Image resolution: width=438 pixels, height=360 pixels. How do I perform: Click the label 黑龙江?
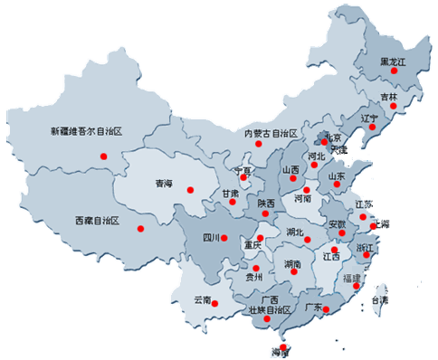(394, 61)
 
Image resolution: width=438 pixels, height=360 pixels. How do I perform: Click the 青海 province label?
(163, 184)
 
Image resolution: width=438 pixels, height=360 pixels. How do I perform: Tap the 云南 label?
(202, 298)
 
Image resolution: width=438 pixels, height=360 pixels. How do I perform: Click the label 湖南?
(292, 264)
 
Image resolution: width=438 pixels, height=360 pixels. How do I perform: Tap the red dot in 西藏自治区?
(139, 228)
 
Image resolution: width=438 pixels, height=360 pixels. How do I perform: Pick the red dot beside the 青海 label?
(190, 189)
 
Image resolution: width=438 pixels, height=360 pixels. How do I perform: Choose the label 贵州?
(254, 278)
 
